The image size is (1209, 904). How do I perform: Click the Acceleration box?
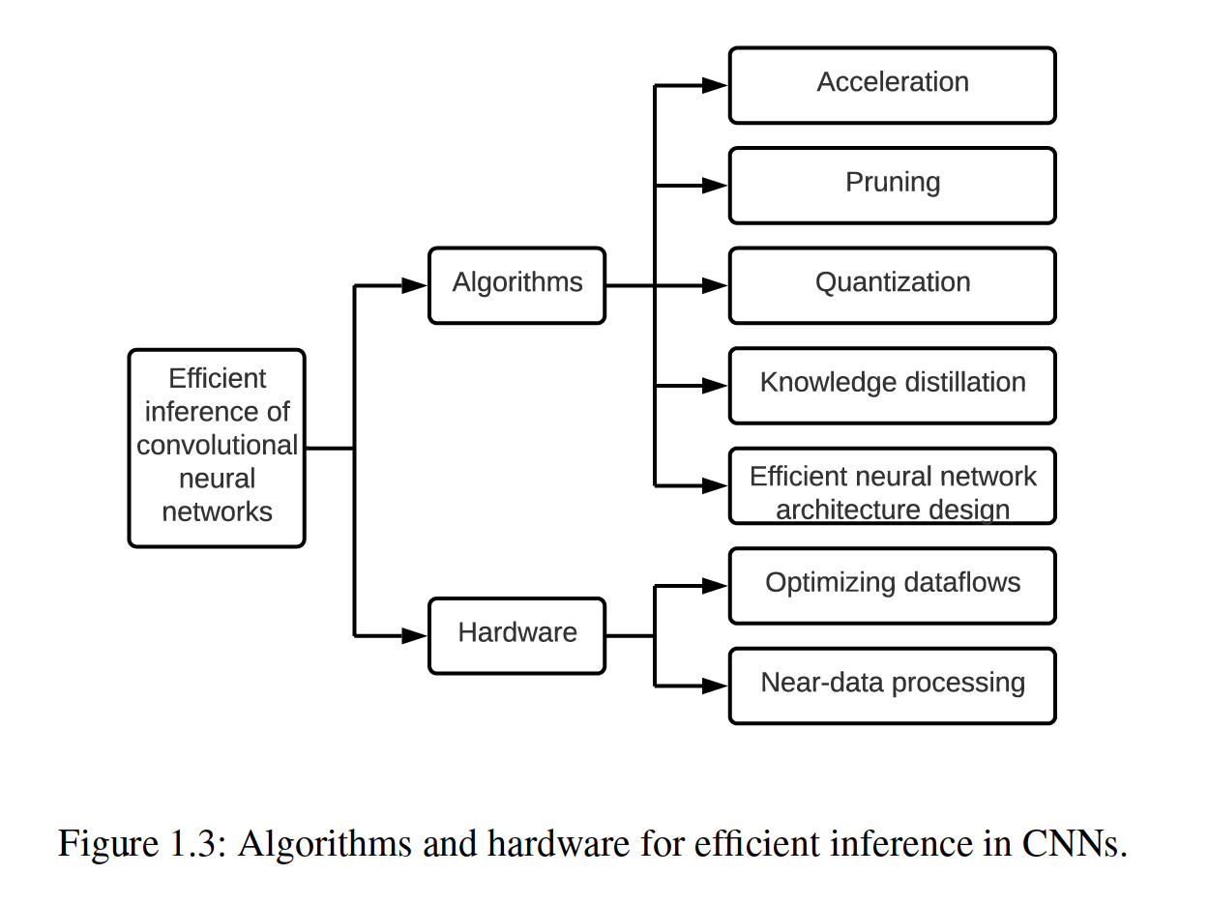892,85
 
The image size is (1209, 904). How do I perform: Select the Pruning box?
892,185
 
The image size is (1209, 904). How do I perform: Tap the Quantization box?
892,285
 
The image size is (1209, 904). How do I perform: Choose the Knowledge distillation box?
892,385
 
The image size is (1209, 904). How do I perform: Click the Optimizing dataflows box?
892,585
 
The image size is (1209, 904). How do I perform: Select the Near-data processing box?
892,685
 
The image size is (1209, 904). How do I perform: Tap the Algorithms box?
516,285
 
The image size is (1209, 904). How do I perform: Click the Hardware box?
516,635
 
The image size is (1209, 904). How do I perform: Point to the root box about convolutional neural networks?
217,448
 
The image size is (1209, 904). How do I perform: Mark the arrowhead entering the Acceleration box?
716,85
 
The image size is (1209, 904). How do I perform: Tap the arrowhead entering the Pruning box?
716,185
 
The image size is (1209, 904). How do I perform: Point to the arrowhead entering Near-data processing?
716,685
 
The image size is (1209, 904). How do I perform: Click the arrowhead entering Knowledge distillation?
716,385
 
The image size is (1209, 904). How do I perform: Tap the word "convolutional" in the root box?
217,445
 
